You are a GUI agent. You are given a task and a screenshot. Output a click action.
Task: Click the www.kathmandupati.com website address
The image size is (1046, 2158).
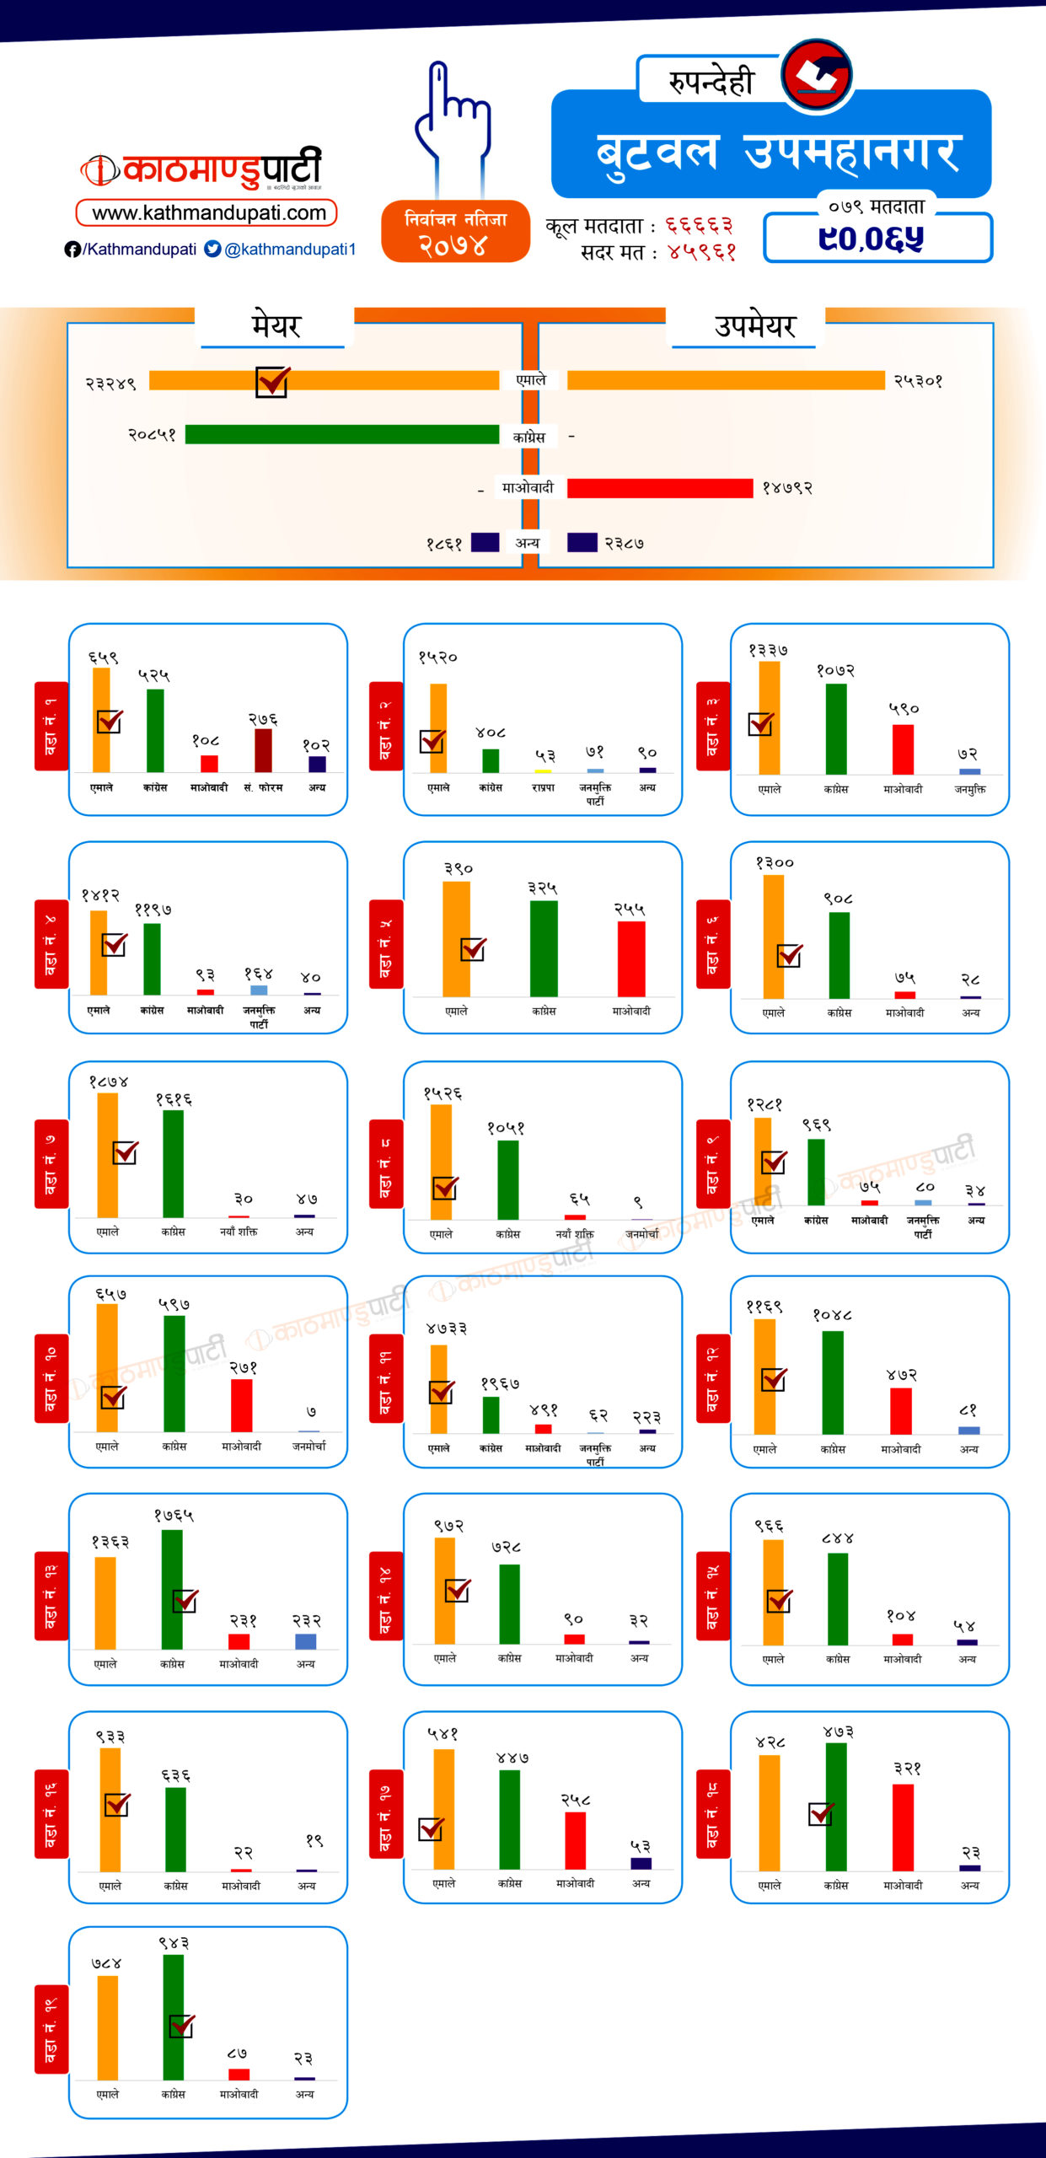point(207,212)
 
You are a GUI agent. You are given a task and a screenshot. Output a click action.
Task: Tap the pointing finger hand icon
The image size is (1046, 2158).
point(452,118)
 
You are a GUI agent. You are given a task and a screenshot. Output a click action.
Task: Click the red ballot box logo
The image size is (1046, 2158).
point(815,74)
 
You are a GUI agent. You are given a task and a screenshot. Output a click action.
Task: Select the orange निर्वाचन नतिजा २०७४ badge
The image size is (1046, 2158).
point(455,232)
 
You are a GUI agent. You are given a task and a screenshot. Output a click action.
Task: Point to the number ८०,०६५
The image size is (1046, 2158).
point(871,239)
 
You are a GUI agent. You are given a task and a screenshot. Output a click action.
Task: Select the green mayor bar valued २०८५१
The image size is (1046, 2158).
point(341,434)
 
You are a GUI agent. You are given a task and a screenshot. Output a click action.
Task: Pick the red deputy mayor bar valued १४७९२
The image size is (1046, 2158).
point(659,488)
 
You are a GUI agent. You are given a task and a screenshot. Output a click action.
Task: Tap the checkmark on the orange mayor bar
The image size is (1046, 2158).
point(272,381)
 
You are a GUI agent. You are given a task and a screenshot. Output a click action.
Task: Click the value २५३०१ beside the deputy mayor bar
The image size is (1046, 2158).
point(918,381)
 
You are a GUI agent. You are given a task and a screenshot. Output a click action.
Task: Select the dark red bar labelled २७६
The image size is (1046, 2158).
point(263,750)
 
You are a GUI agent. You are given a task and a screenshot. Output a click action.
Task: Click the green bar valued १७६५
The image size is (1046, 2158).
point(172,1589)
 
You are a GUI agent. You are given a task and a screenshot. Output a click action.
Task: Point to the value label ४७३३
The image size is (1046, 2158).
point(446,1329)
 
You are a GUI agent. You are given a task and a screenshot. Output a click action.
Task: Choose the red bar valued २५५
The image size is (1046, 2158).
point(631,958)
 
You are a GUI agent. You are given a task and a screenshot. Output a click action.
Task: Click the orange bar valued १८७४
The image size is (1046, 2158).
point(108,1155)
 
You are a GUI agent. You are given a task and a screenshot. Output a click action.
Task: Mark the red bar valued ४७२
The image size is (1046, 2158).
point(901,1410)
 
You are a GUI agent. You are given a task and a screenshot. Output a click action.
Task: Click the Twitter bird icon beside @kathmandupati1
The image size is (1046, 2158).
point(213,249)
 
